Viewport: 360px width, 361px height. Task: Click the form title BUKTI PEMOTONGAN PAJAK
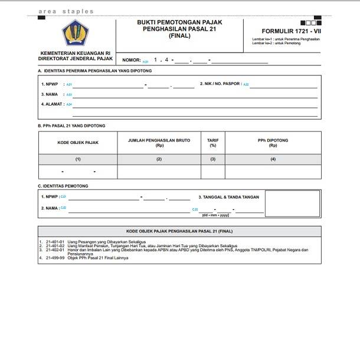179,22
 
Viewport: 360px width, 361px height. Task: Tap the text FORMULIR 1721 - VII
291,31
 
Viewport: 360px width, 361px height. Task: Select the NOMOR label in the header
131,60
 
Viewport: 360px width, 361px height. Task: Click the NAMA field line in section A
195,96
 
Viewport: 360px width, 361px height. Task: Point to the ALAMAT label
53,104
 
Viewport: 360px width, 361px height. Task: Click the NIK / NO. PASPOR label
220,84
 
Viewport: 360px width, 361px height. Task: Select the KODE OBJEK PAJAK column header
77,142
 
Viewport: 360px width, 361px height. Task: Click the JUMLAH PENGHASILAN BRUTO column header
159,142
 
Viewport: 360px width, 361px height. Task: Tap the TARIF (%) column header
213,142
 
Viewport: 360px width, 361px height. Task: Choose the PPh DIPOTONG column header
273,142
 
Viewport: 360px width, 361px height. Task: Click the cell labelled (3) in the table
213,159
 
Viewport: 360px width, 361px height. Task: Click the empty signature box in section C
293,204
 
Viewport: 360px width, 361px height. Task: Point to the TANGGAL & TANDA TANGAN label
228,196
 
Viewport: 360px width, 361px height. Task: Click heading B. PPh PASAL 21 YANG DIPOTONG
71,126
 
